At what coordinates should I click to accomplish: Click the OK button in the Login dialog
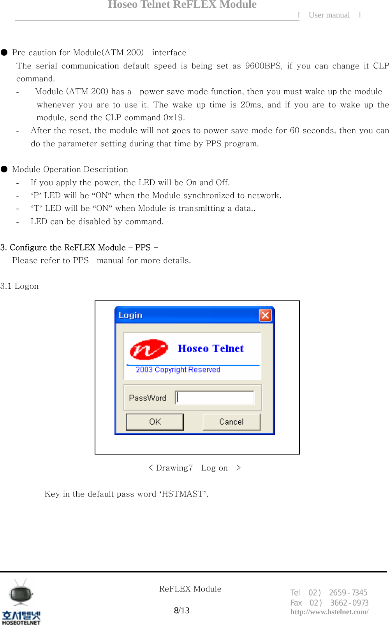155,422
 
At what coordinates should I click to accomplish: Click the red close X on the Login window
265,315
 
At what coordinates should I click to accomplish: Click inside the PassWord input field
215,398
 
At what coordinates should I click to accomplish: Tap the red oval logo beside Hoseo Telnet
149,349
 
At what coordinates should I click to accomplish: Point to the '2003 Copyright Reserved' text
178,370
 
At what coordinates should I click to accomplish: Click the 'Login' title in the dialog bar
130,315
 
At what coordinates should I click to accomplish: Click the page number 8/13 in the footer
181,610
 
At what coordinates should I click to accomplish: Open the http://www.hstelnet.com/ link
329,612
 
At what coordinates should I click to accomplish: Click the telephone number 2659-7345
348,593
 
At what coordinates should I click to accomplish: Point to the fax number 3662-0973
349,603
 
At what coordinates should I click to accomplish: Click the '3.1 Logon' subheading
19,286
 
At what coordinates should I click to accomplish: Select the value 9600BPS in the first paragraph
263,66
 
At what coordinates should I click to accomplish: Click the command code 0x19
174,118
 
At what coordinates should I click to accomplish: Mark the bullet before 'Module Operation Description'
4,169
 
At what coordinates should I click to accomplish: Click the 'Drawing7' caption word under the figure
174,468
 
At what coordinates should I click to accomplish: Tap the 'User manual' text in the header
329,15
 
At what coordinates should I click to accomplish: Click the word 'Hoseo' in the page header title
123,5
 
